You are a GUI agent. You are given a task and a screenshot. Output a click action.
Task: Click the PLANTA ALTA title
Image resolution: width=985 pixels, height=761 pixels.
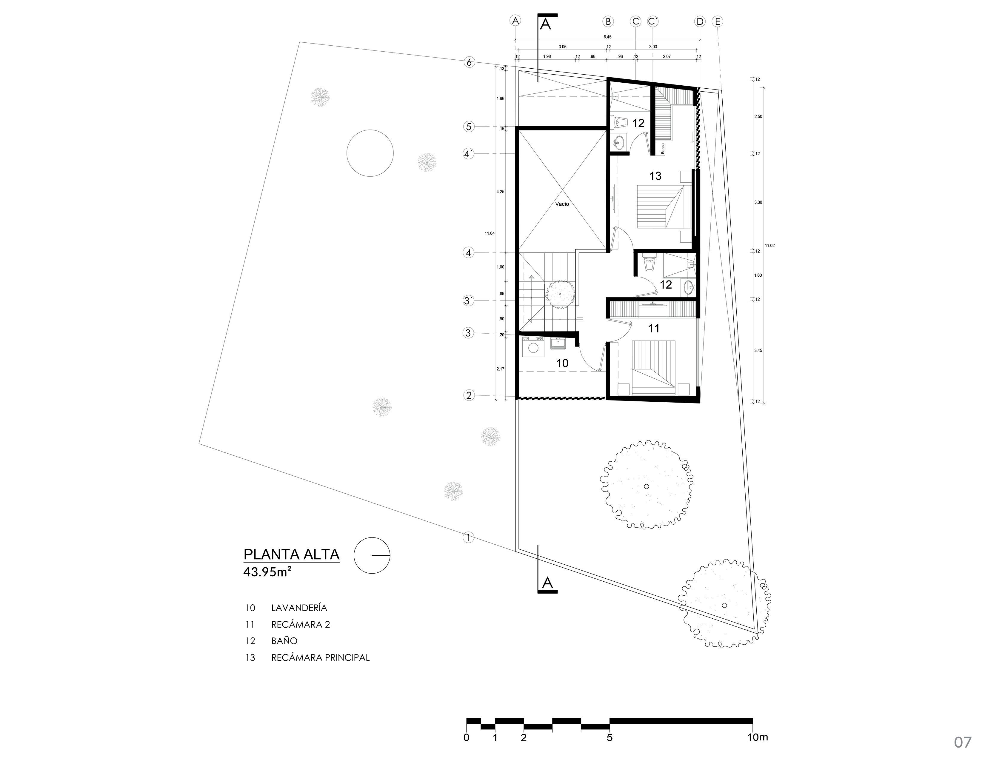coord(291,554)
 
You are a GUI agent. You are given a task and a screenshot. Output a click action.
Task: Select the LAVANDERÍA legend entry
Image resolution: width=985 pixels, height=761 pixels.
coord(299,608)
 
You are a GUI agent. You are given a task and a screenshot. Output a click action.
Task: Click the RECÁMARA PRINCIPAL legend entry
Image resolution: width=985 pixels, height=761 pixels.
coord(320,658)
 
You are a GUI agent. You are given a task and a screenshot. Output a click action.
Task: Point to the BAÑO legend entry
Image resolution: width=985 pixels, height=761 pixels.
coord(284,641)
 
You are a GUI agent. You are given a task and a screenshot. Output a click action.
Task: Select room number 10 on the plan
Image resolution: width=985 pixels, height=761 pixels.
coord(562,363)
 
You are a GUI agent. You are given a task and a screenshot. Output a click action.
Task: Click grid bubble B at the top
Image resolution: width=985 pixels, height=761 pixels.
coord(608,21)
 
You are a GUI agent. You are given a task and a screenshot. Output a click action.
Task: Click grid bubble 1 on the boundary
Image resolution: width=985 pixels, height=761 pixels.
coord(469,537)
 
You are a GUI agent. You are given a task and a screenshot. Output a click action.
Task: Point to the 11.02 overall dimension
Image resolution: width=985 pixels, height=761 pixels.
coord(769,246)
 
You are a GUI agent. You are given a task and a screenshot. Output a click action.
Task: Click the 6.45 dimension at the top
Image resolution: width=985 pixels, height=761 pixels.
coord(607,37)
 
